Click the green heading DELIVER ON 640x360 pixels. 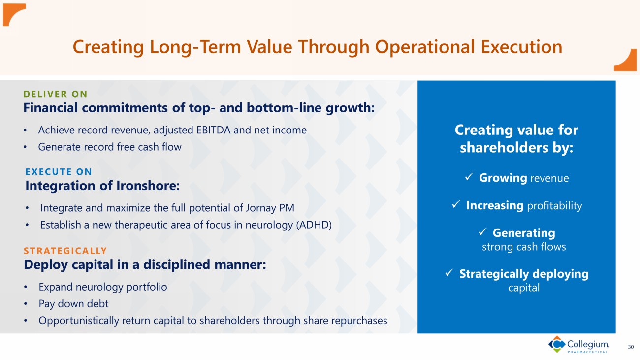(x=55, y=94)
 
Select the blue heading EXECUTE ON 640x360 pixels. (x=59, y=172)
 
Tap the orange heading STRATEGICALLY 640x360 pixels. (x=65, y=251)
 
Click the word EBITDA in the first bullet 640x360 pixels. (x=214, y=131)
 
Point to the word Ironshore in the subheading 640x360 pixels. (x=148, y=186)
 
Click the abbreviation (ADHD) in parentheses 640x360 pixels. (x=314, y=225)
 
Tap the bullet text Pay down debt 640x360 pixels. (x=73, y=304)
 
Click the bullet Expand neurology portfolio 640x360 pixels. (x=103, y=287)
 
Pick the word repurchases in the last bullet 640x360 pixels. (x=359, y=321)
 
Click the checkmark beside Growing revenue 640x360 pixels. (x=469, y=177)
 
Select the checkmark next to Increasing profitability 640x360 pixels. (x=456, y=204)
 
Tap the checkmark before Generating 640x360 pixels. (x=482, y=232)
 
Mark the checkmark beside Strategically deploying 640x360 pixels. (x=449, y=272)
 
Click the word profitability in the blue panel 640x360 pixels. (x=554, y=206)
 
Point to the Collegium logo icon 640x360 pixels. (x=557, y=344)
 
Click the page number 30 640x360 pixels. (x=631, y=347)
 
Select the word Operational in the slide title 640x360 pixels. (x=424, y=47)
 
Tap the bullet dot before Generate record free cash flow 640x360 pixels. (x=25, y=147)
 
